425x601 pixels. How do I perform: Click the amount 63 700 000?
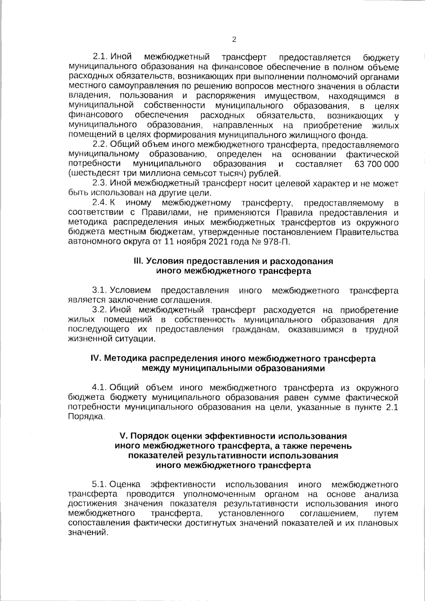(x=376, y=164)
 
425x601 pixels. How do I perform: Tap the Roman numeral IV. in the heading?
(x=97, y=358)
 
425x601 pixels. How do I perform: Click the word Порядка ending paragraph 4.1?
(x=85, y=417)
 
